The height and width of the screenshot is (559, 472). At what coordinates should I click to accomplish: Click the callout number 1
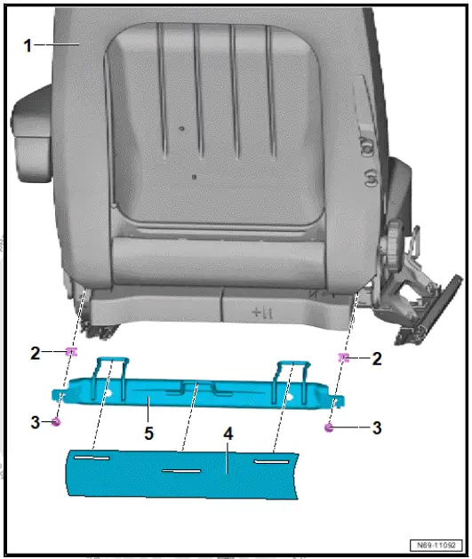click(x=28, y=44)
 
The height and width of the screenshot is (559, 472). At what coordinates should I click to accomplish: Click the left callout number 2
click(x=35, y=353)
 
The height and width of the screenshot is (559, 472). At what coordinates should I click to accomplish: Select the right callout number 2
click(x=377, y=358)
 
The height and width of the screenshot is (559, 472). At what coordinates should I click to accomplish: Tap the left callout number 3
click(x=35, y=422)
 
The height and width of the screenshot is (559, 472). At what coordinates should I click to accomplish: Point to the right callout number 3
click(x=377, y=427)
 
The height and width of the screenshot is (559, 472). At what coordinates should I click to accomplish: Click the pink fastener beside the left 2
click(x=69, y=353)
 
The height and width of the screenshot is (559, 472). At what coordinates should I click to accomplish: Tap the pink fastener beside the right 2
click(x=343, y=358)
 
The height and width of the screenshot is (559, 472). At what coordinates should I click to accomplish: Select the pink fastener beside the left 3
click(x=57, y=421)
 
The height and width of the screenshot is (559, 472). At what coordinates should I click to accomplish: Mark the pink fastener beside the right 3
click(x=329, y=427)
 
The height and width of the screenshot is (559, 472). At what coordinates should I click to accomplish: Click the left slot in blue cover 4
click(x=92, y=458)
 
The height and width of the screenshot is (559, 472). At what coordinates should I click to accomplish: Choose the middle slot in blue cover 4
click(x=182, y=471)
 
